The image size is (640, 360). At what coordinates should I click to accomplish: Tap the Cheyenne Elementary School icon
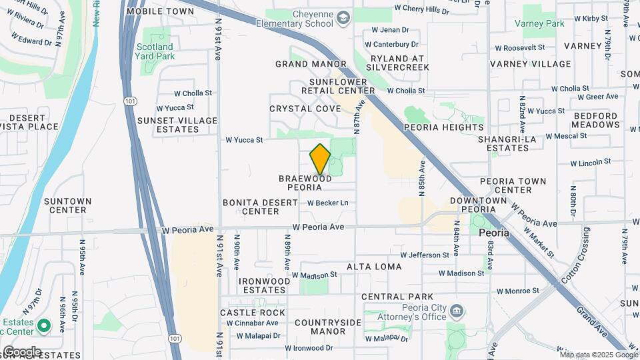(343, 17)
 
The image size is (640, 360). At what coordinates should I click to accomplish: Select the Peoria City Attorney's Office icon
(457, 311)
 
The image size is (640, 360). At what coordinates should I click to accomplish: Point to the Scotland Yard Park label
(155, 51)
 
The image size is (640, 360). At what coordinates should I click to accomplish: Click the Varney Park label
(540, 23)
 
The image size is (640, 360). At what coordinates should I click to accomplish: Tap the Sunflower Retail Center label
(338, 86)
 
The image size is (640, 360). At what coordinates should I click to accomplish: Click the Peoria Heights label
(444, 127)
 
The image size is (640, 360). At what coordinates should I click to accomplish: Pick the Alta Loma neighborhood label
(374, 267)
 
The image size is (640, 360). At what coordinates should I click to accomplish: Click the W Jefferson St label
(425, 255)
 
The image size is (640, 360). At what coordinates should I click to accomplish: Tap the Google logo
(22, 351)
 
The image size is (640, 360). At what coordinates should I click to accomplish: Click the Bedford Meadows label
(596, 120)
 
